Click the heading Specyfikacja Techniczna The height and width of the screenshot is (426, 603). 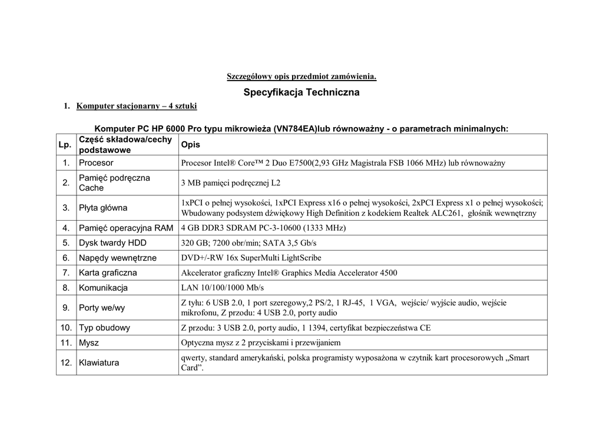(x=301, y=92)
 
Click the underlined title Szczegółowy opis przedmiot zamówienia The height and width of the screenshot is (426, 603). (x=301, y=76)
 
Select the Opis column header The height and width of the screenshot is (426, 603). (x=191, y=145)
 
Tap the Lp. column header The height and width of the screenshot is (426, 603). (x=65, y=145)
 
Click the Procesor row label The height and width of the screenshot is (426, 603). (x=97, y=163)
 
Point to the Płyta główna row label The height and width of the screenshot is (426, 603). (x=103, y=208)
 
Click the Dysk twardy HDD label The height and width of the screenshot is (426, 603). (x=113, y=242)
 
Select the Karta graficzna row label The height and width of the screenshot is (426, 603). (x=108, y=273)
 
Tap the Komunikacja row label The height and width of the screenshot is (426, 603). (x=104, y=288)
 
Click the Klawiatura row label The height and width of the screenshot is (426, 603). (x=99, y=362)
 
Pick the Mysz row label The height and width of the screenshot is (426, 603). (x=89, y=342)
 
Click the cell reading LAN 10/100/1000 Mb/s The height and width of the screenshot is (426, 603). (x=223, y=288)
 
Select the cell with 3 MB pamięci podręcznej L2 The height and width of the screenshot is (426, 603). (x=231, y=183)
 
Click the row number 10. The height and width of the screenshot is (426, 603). (x=66, y=328)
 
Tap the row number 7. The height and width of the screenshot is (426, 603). (x=67, y=273)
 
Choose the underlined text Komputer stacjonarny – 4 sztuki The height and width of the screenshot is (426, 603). (x=137, y=106)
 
